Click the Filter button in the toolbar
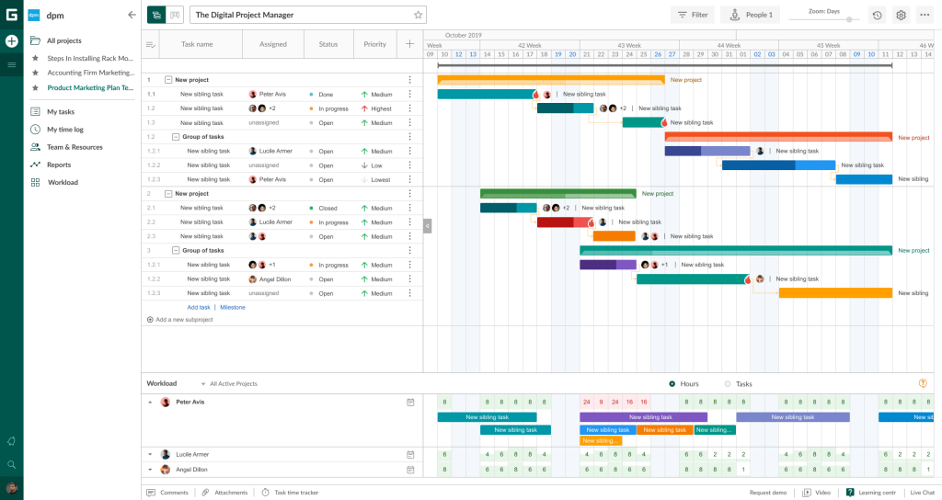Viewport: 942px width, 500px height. click(x=692, y=15)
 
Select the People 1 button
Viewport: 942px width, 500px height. click(x=750, y=15)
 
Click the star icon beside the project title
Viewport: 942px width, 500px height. click(x=418, y=15)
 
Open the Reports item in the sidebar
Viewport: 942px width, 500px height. click(x=59, y=165)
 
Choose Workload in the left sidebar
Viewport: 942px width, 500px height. click(x=63, y=182)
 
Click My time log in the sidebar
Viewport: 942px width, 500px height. click(x=64, y=130)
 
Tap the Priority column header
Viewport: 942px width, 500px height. click(x=374, y=44)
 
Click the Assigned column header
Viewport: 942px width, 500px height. click(x=272, y=44)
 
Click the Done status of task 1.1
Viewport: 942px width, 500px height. click(x=326, y=95)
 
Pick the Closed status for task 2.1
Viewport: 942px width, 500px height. click(x=327, y=208)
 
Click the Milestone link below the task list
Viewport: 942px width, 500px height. click(x=233, y=307)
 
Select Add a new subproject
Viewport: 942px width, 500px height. click(x=184, y=320)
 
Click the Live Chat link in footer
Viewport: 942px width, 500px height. click(x=922, y=493)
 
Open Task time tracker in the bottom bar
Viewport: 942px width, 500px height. click(x=295, y=493)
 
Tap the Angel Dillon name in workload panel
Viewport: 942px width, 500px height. click(x=191, y=470)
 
